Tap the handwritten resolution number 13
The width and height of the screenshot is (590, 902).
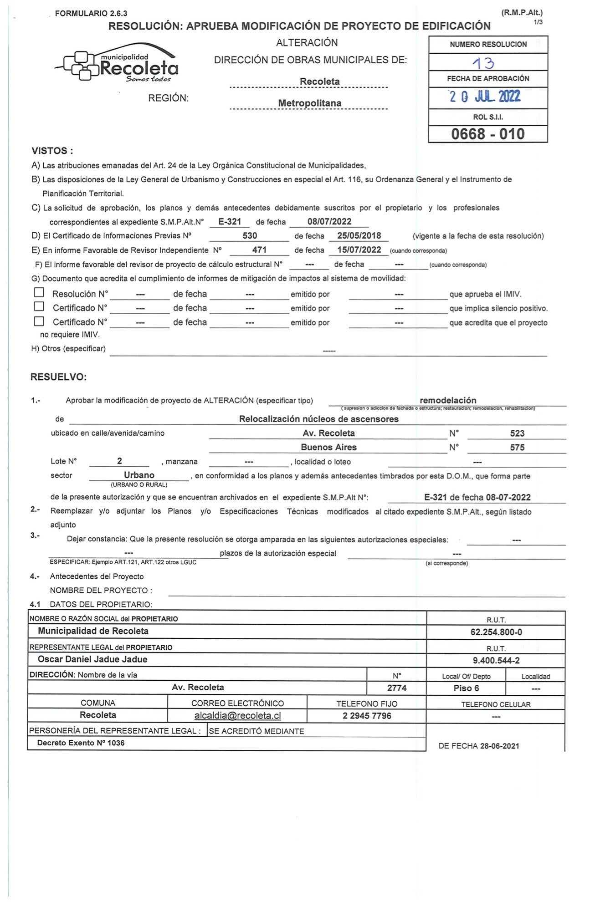(483, 63)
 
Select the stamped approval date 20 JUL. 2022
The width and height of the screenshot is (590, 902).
(485, 97)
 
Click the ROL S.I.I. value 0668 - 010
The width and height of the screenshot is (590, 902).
(487, 134)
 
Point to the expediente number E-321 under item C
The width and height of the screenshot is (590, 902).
(230, 222)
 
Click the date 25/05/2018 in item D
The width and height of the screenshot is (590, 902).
(359, 235)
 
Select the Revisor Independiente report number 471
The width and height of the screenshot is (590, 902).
(259, 250)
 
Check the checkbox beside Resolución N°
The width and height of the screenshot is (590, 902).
(39, 292)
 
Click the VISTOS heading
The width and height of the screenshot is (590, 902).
(52, 151)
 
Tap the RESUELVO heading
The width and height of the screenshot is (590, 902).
(58, 377)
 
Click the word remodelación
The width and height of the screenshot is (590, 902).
(448, 400)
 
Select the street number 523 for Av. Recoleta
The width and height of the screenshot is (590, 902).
(517, 433)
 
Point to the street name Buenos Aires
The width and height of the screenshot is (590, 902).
(328, 447)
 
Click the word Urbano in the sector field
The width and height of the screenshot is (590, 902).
(139, 475)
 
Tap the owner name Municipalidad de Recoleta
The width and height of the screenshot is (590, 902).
(93, 631)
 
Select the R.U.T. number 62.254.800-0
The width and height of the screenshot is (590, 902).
(496, 632)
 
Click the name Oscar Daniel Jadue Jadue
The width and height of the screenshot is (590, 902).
(92, 659)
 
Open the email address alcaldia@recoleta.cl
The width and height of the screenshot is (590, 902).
(237, 715)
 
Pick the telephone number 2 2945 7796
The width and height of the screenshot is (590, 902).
(367, 716)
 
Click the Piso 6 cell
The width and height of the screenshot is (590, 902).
(466, 688)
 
